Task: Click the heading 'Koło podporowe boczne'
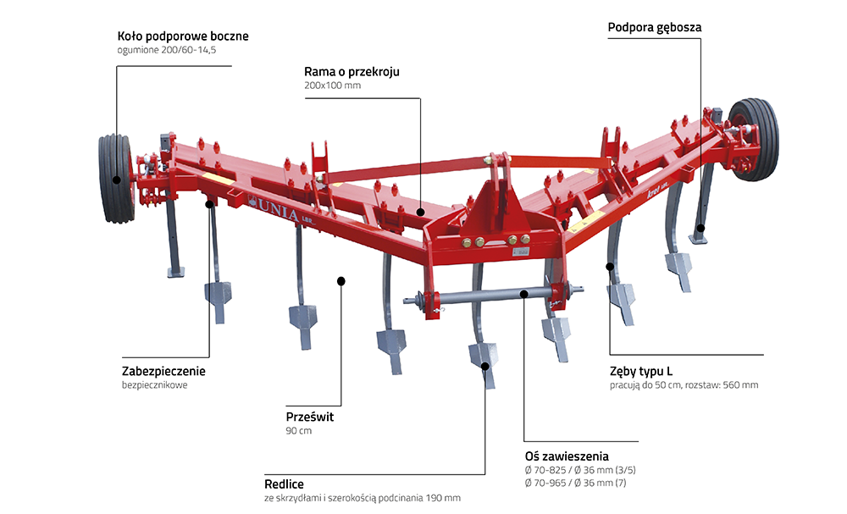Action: pyautogui.click(x=183, y=36)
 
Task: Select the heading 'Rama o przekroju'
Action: pyautogui.click(x=352, y=72)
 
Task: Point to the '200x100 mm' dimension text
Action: pyautogui.click(x=332, y=86)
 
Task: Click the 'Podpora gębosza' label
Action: pyautogui.click(x=655, y=27)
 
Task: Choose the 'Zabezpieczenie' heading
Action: pyautogui.click(x=163, y=371)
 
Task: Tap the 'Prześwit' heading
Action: pyautogui.click(x=312, y=417)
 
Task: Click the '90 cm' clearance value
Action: pyautogui.click(x=299, y=431)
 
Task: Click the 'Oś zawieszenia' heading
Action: pyautogui.click(x=567, y=456)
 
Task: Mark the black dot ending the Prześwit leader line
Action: pyautogui.click(x=340, y=280)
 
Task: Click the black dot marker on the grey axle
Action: pyautogui.click(x=525, y=294)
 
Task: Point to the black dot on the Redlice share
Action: pyautogui.click(x=485, y=366)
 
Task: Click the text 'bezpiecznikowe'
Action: pyautogui.click(x=154, y=385)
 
